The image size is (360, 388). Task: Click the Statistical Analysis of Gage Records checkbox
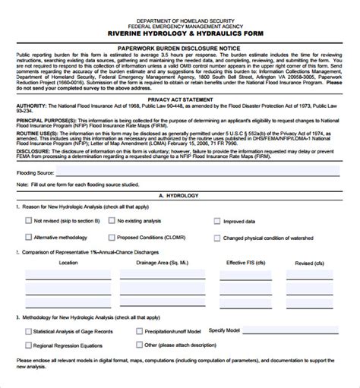[28, 310]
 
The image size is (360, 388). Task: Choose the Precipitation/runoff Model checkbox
[140, 310]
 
